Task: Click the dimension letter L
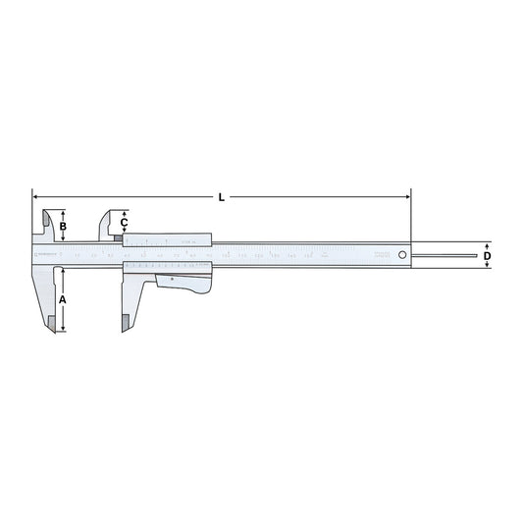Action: pos(222,197)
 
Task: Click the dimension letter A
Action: pos(63,299)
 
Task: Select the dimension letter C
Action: pos(124,223)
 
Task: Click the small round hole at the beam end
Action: pos(401,256)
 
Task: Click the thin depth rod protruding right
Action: pos(446,257)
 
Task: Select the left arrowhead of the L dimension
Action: pos(35,196)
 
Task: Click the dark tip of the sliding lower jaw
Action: pos(125,322)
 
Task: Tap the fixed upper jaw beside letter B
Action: pos(45,225)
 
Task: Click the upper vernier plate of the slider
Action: pos(167,240)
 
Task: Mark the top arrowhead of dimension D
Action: pos(488,244)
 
